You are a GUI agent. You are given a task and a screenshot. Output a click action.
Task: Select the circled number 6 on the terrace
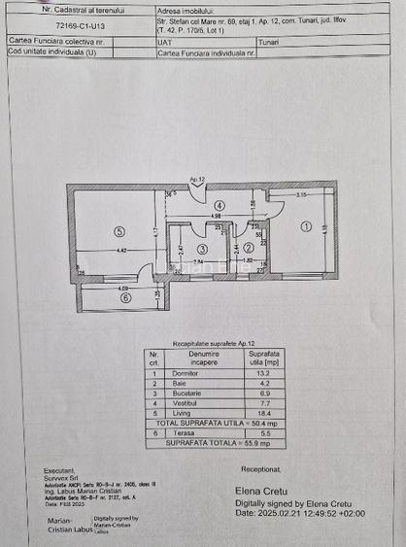(125, 298)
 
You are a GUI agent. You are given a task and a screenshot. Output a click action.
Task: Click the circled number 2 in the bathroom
(248, 248)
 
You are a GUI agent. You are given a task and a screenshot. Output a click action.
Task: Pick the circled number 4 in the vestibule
(220, 206)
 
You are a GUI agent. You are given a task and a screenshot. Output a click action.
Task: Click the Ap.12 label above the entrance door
(196, 181)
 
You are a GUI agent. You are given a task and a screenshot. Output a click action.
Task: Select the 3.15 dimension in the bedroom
(302, 196)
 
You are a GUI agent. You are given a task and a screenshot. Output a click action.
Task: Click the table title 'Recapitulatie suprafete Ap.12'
(211, 344)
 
